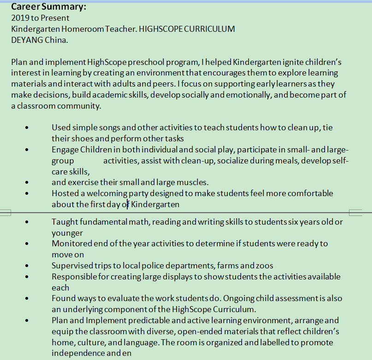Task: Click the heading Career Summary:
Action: pos(48,7)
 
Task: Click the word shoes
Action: pos(83,139)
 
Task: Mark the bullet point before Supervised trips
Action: pos(28,266)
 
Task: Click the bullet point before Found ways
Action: pos(28,299)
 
